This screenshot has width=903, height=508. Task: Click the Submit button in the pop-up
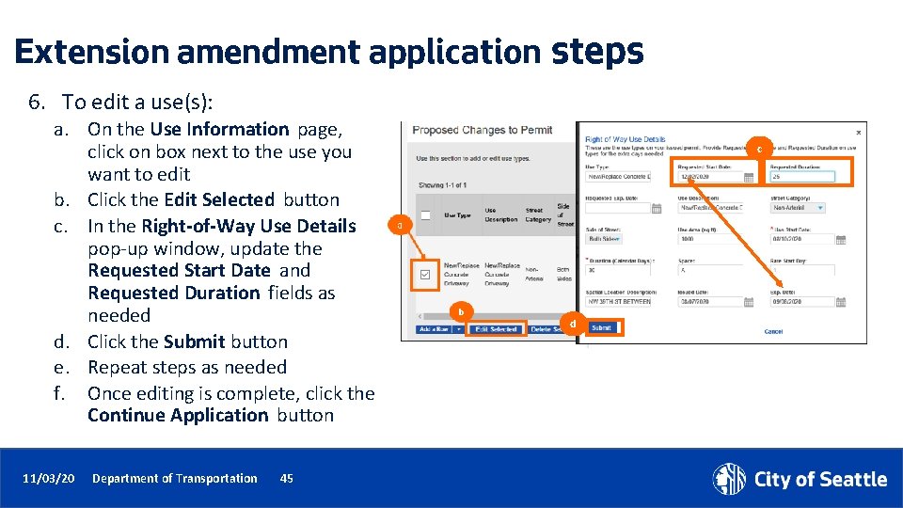point(601,328)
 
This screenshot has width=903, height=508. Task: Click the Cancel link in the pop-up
point(773,331)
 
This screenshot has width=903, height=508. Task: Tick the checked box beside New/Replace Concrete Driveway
point(425,275)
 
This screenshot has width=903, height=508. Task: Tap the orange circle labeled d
point(572,325)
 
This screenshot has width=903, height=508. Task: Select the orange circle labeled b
point(460,311)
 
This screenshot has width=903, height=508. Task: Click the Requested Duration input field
point(801,176)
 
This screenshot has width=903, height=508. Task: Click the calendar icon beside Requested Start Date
point(749,177)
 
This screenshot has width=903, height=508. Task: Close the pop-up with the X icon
point(858,133)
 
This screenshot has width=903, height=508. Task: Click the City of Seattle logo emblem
point(728,479)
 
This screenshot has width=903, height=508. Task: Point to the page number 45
point(287,479)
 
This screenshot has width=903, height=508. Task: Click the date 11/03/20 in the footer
point(48,479)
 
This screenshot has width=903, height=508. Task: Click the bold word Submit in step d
point(194,341)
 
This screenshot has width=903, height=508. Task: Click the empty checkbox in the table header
point(425,214)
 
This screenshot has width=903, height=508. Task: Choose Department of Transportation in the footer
point(174,479)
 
